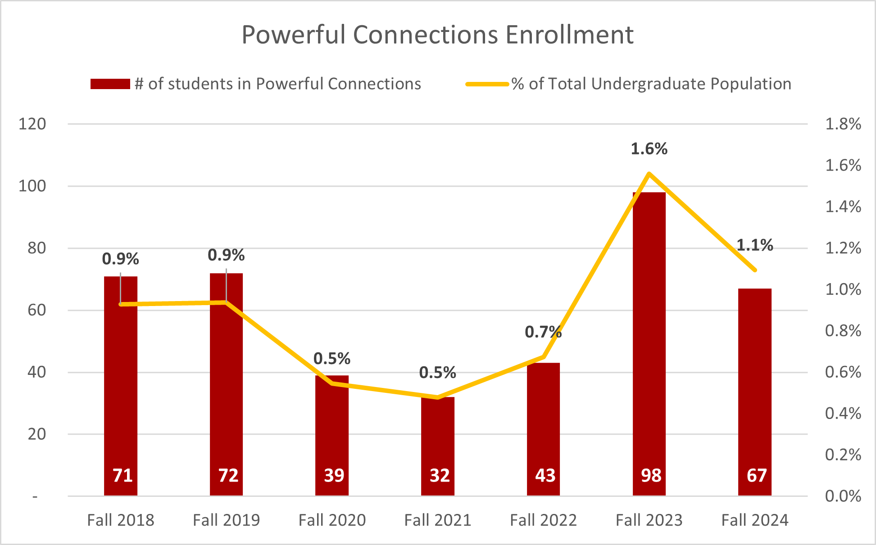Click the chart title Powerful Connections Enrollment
437,35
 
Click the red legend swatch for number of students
110,84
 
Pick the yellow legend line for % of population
487,84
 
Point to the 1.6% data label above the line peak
649,149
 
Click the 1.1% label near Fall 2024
754,245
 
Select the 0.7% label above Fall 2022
543,332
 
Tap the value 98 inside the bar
651,476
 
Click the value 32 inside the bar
440,476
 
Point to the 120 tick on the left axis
32,124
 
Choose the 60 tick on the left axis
36,310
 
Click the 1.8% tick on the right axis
843,124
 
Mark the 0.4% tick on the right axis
843,414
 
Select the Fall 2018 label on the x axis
121,520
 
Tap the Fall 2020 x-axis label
332,520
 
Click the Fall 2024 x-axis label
755,520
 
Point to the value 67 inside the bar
757,476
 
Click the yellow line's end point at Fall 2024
755,270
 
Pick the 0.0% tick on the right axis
843,496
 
